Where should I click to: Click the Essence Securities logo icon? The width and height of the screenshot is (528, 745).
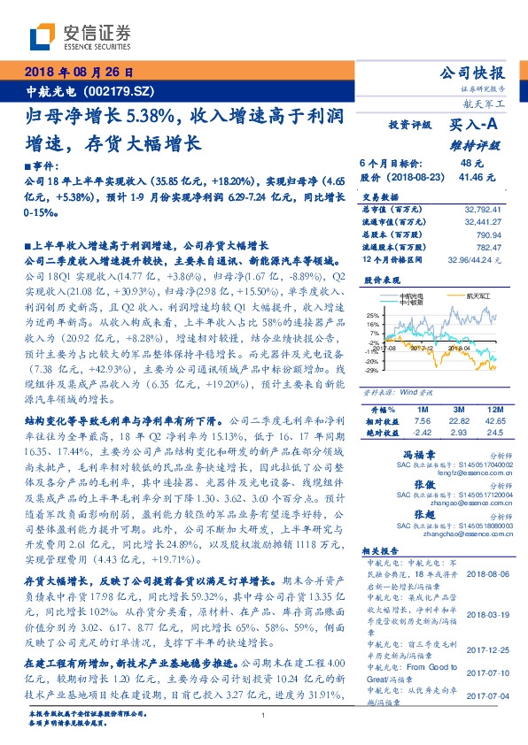coord(43,36)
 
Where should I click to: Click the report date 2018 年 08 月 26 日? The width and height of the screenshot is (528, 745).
coord(81,72)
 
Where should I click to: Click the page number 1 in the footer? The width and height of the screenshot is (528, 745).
coord(264,715)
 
